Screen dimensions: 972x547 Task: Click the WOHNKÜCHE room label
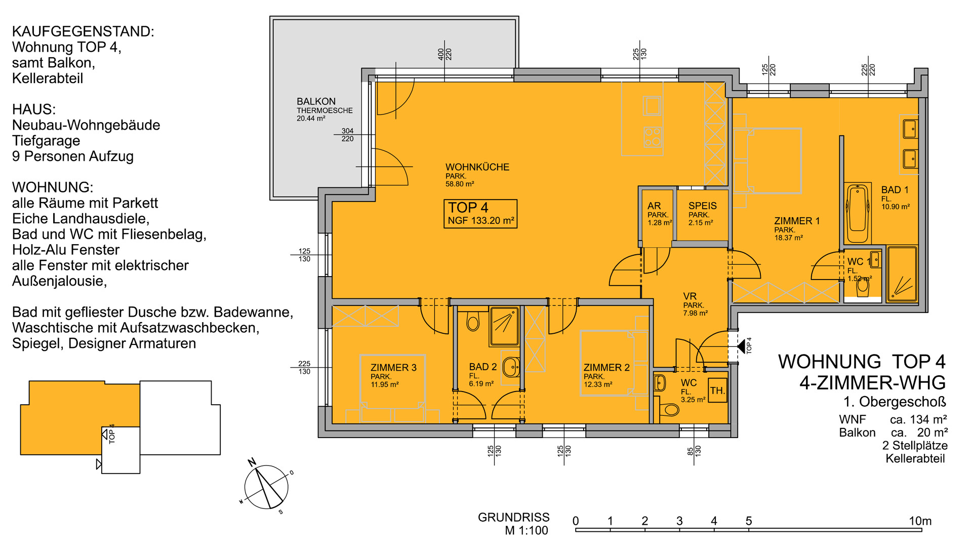click(477, 167)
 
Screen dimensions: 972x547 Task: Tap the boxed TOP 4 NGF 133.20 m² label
click(480, 214)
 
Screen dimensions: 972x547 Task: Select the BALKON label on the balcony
click(316, 101)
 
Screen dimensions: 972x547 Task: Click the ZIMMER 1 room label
click(796, 221)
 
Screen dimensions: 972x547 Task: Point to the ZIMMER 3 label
click(393, 368)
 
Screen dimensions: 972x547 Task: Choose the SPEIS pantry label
click(702, 206)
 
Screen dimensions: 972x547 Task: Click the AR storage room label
click(654, 206)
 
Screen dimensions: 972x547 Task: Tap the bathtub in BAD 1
click(858, 214)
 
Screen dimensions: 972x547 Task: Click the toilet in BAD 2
click(473, 320)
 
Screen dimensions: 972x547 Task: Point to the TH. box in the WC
click(717, 390)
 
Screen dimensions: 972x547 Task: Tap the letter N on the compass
click(252, 461)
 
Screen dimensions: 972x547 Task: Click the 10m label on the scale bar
click(920, 521)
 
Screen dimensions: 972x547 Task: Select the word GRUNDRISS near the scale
click(513, 517)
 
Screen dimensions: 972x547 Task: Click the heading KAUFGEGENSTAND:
click(83, 31)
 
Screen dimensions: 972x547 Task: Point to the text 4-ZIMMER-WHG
click(872, 383)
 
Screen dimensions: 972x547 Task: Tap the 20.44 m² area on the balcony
click(311, 119)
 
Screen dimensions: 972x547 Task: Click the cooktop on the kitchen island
click(652, 137)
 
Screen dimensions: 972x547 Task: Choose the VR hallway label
click(690, 296)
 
